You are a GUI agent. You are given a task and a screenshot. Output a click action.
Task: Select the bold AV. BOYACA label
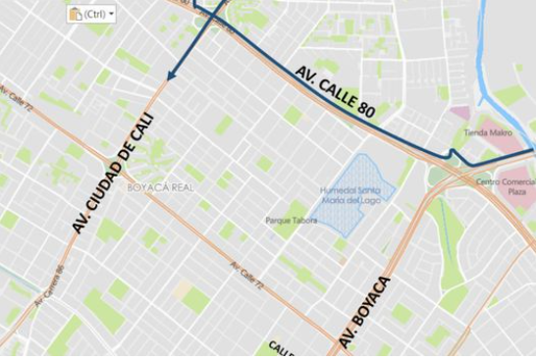[x=365, y=313]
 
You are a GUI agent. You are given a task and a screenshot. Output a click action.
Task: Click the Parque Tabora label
[x=291, y=221]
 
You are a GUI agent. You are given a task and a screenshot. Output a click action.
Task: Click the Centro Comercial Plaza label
[x=505, y=187]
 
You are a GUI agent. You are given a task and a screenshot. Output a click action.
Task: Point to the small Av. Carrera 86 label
[x=48, y=285]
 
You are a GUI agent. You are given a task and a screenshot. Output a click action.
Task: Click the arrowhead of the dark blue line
[x=171, y=76]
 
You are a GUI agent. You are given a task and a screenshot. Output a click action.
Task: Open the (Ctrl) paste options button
[x=90, y=14]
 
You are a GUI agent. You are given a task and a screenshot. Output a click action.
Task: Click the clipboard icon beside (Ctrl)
[x=75, y=14]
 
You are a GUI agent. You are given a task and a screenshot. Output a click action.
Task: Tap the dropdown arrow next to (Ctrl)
[x=111, y=15]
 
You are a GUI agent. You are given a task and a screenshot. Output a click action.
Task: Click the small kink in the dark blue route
[x=453, y=154]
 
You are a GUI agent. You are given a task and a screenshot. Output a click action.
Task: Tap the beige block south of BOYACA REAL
[x=181, y=290]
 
